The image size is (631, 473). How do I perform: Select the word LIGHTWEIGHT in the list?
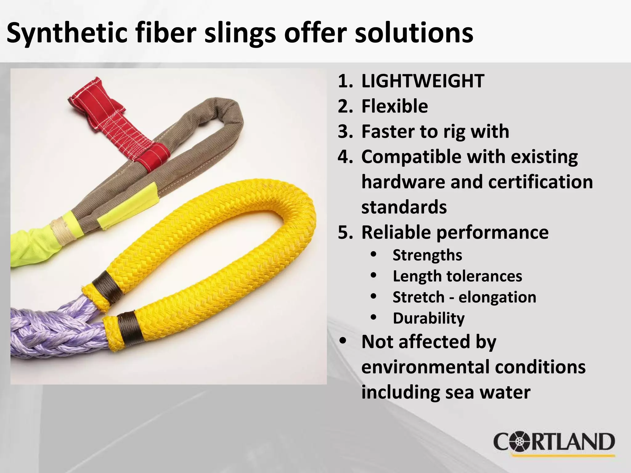pos(423,81)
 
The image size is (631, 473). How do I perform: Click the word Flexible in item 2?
pos(395,107)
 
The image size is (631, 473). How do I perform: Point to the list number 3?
pos(344,132)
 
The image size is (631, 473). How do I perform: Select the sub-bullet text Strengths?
pos(427,255)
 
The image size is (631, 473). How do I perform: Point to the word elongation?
pos(497,297)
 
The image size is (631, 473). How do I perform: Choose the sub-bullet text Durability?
pos(429,318)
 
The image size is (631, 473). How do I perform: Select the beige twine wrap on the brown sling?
pos(63,230)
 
